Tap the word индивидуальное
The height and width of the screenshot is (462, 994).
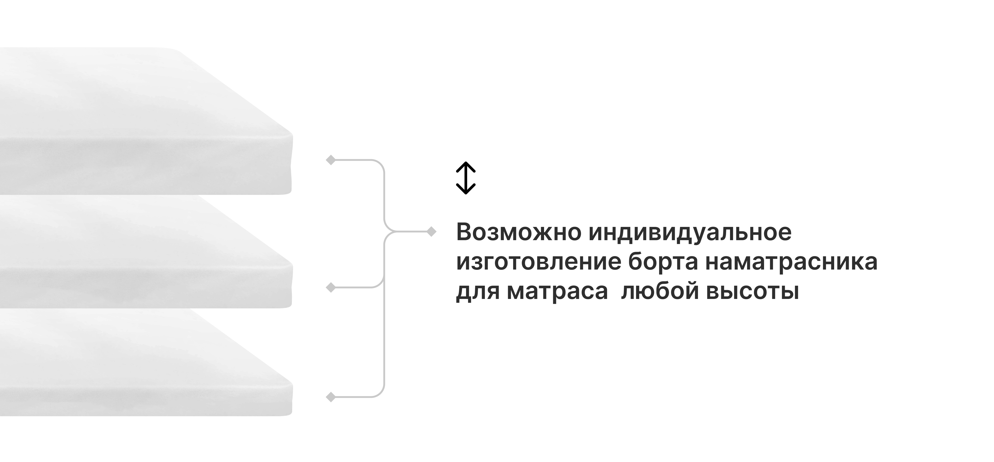point(690,232)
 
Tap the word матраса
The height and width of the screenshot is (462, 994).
point(557,291)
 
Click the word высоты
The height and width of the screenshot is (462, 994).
point(752,291)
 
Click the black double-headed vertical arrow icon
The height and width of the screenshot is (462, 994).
point(466,178)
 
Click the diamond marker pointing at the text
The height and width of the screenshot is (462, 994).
point(431,232)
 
